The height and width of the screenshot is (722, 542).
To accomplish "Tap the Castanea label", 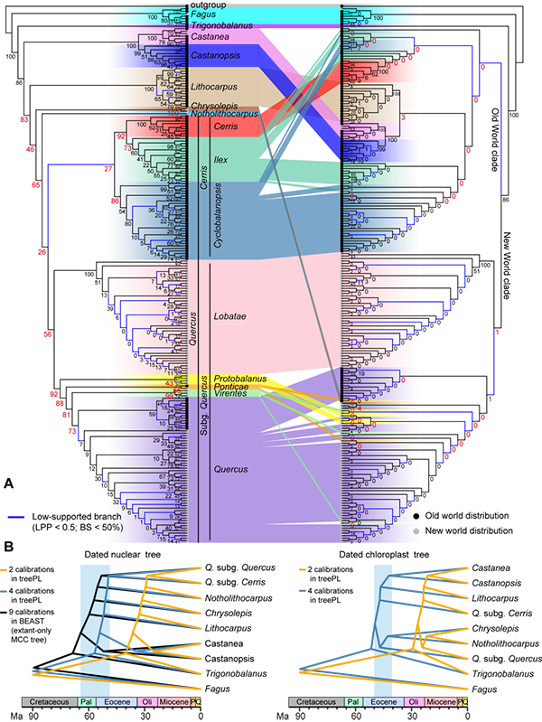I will coord(210,38).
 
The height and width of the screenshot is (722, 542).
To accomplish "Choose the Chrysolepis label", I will coord(213,105).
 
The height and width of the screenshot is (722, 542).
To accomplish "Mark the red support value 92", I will coord(120,136).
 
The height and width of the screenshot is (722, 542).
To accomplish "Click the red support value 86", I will coord(115,201).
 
